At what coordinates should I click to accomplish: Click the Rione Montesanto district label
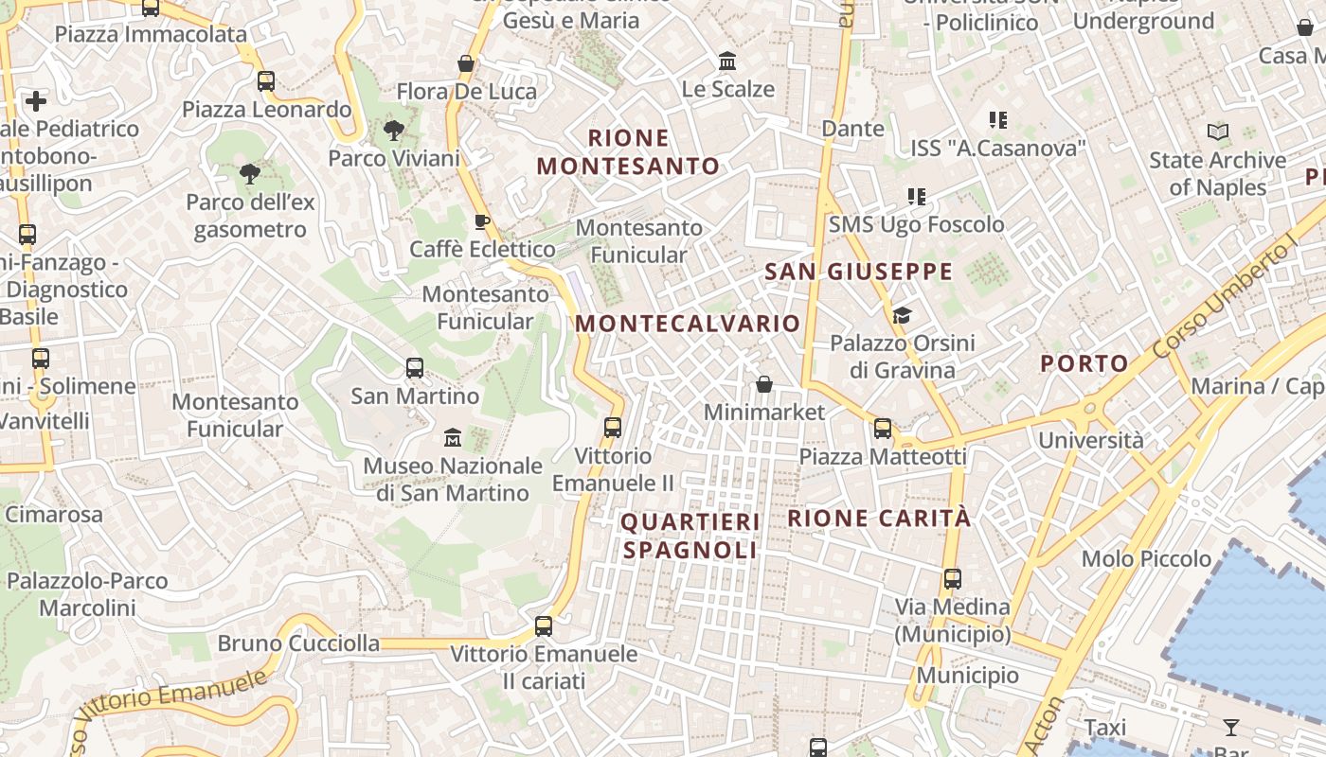pyautogui.click(x=629, y=152)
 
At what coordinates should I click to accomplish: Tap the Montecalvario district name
pyautogui.click(x=688, y=324)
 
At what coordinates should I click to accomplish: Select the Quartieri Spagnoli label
pyautogui.click(x=690, y=536)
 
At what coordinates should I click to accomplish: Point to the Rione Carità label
pyautogui.click(x=879, y=519)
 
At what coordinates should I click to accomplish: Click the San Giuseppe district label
pyautogui.click(x=858, y=273)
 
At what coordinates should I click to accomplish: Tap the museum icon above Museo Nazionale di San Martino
pyautogui.click(x=453, y=438)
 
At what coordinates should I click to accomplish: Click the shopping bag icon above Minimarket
pyautogui.click(x=764, y=384)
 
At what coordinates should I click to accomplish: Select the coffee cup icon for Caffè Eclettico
pyautogui.click(x=481, y=222)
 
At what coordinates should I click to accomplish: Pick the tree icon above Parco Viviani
pyautogui.click(x=393, y=131)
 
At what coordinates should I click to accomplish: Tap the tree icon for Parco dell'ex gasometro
pyautogui.click(x=250, y=174)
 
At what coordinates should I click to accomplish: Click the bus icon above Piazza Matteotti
pyautogui.click(x=883, y=429)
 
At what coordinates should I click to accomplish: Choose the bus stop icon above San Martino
pyautogui.click(x=414, y=368)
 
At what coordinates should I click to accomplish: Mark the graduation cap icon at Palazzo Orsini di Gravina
pyautogui.click(x=902, y=315)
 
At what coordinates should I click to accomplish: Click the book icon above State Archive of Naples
pyautogui.click(x=1218, y=132)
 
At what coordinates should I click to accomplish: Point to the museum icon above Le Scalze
pyautogui.click(x=727, y=62)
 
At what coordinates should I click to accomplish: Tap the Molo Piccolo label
pyautogui.click(x=1146, y=558)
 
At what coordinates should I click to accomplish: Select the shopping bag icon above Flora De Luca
pyautogui.click(x=465, y=63)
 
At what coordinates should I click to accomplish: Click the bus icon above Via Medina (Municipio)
pyautogui.click(x=952, y=578)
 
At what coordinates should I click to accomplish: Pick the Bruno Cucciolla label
pyautogui.click(x=298, y=643)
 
